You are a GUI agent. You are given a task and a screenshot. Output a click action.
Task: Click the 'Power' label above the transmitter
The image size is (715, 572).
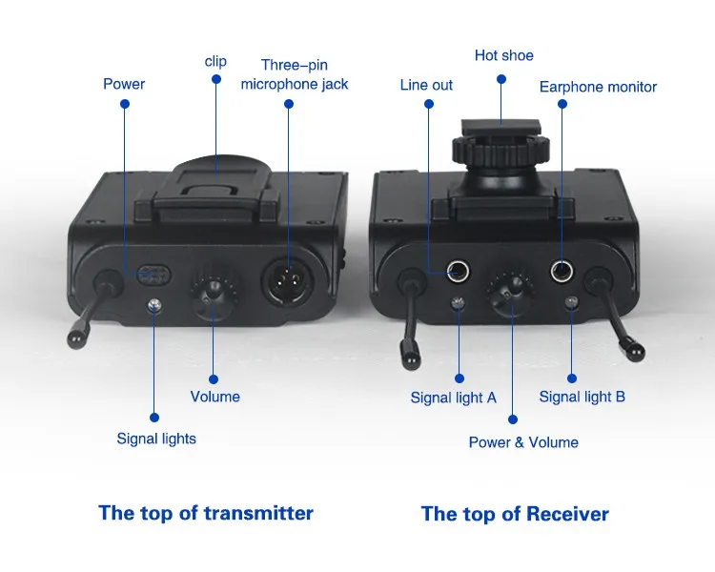coord(124,84)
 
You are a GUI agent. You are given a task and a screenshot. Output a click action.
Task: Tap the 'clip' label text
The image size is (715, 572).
coord(215,61)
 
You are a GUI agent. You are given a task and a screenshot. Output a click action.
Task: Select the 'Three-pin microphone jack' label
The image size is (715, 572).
coord(294,74)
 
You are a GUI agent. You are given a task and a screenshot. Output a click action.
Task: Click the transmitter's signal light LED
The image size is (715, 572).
coord(154,305)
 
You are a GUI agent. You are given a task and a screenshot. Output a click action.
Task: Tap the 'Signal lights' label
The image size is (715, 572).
coord(156,439)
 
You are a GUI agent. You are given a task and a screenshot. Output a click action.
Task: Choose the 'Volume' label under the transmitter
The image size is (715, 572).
coord(214,397)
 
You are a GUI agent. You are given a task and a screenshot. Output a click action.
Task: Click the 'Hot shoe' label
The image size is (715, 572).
coord(503,55)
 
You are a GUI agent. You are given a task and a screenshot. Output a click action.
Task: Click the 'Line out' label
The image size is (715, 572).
coord(426,85)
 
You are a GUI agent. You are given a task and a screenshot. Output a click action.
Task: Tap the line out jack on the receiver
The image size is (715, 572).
coord(460,272)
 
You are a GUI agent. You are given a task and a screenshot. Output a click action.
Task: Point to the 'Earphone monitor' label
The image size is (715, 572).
coord(598,87)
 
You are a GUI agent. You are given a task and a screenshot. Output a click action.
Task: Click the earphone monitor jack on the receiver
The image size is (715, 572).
coord(562,272)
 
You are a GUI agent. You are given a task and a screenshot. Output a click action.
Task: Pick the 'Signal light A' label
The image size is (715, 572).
coord(453,398)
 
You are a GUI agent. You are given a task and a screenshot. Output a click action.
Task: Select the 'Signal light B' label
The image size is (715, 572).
coord(582,397)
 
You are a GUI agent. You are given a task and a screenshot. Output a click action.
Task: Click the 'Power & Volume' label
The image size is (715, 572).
coord(523,442)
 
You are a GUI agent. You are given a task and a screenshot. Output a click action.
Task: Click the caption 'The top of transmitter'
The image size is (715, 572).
coord(205,513)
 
